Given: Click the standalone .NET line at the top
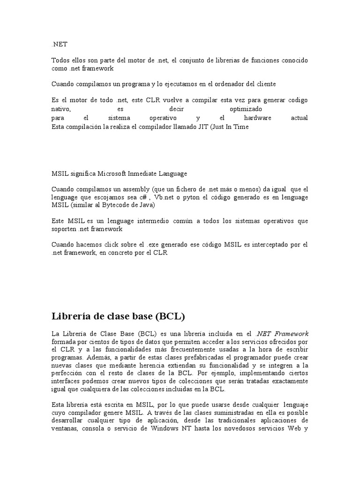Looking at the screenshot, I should [60, 45].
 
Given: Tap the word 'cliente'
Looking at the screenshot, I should [265, 84].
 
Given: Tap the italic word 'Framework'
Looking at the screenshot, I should [291, 333].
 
